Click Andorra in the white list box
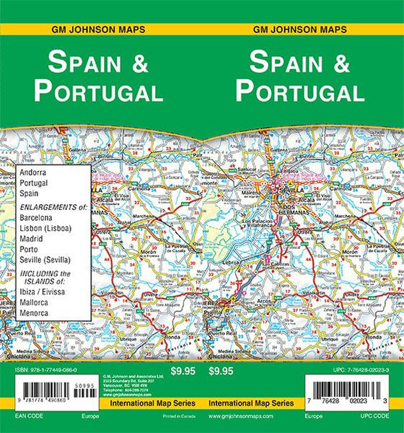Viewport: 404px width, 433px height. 33,173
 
